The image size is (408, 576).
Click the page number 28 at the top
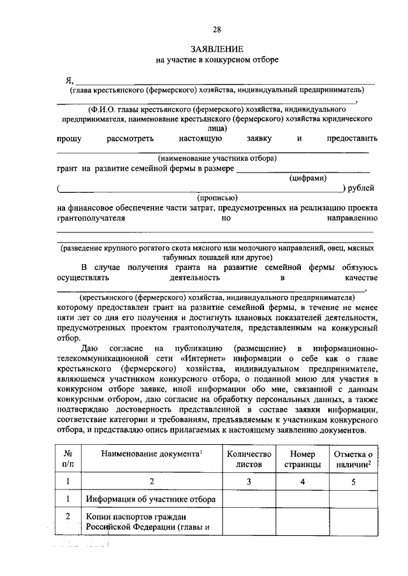[x=217, y=30]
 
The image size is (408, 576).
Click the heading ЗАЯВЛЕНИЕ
[x=217, y=49]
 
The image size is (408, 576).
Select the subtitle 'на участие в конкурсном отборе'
[x=217, y=60]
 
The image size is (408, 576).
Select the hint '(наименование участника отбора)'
[x=217, y=158]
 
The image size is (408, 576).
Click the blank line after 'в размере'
[x=303, y=169]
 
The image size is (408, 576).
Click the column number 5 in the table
[x=354, y=482]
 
